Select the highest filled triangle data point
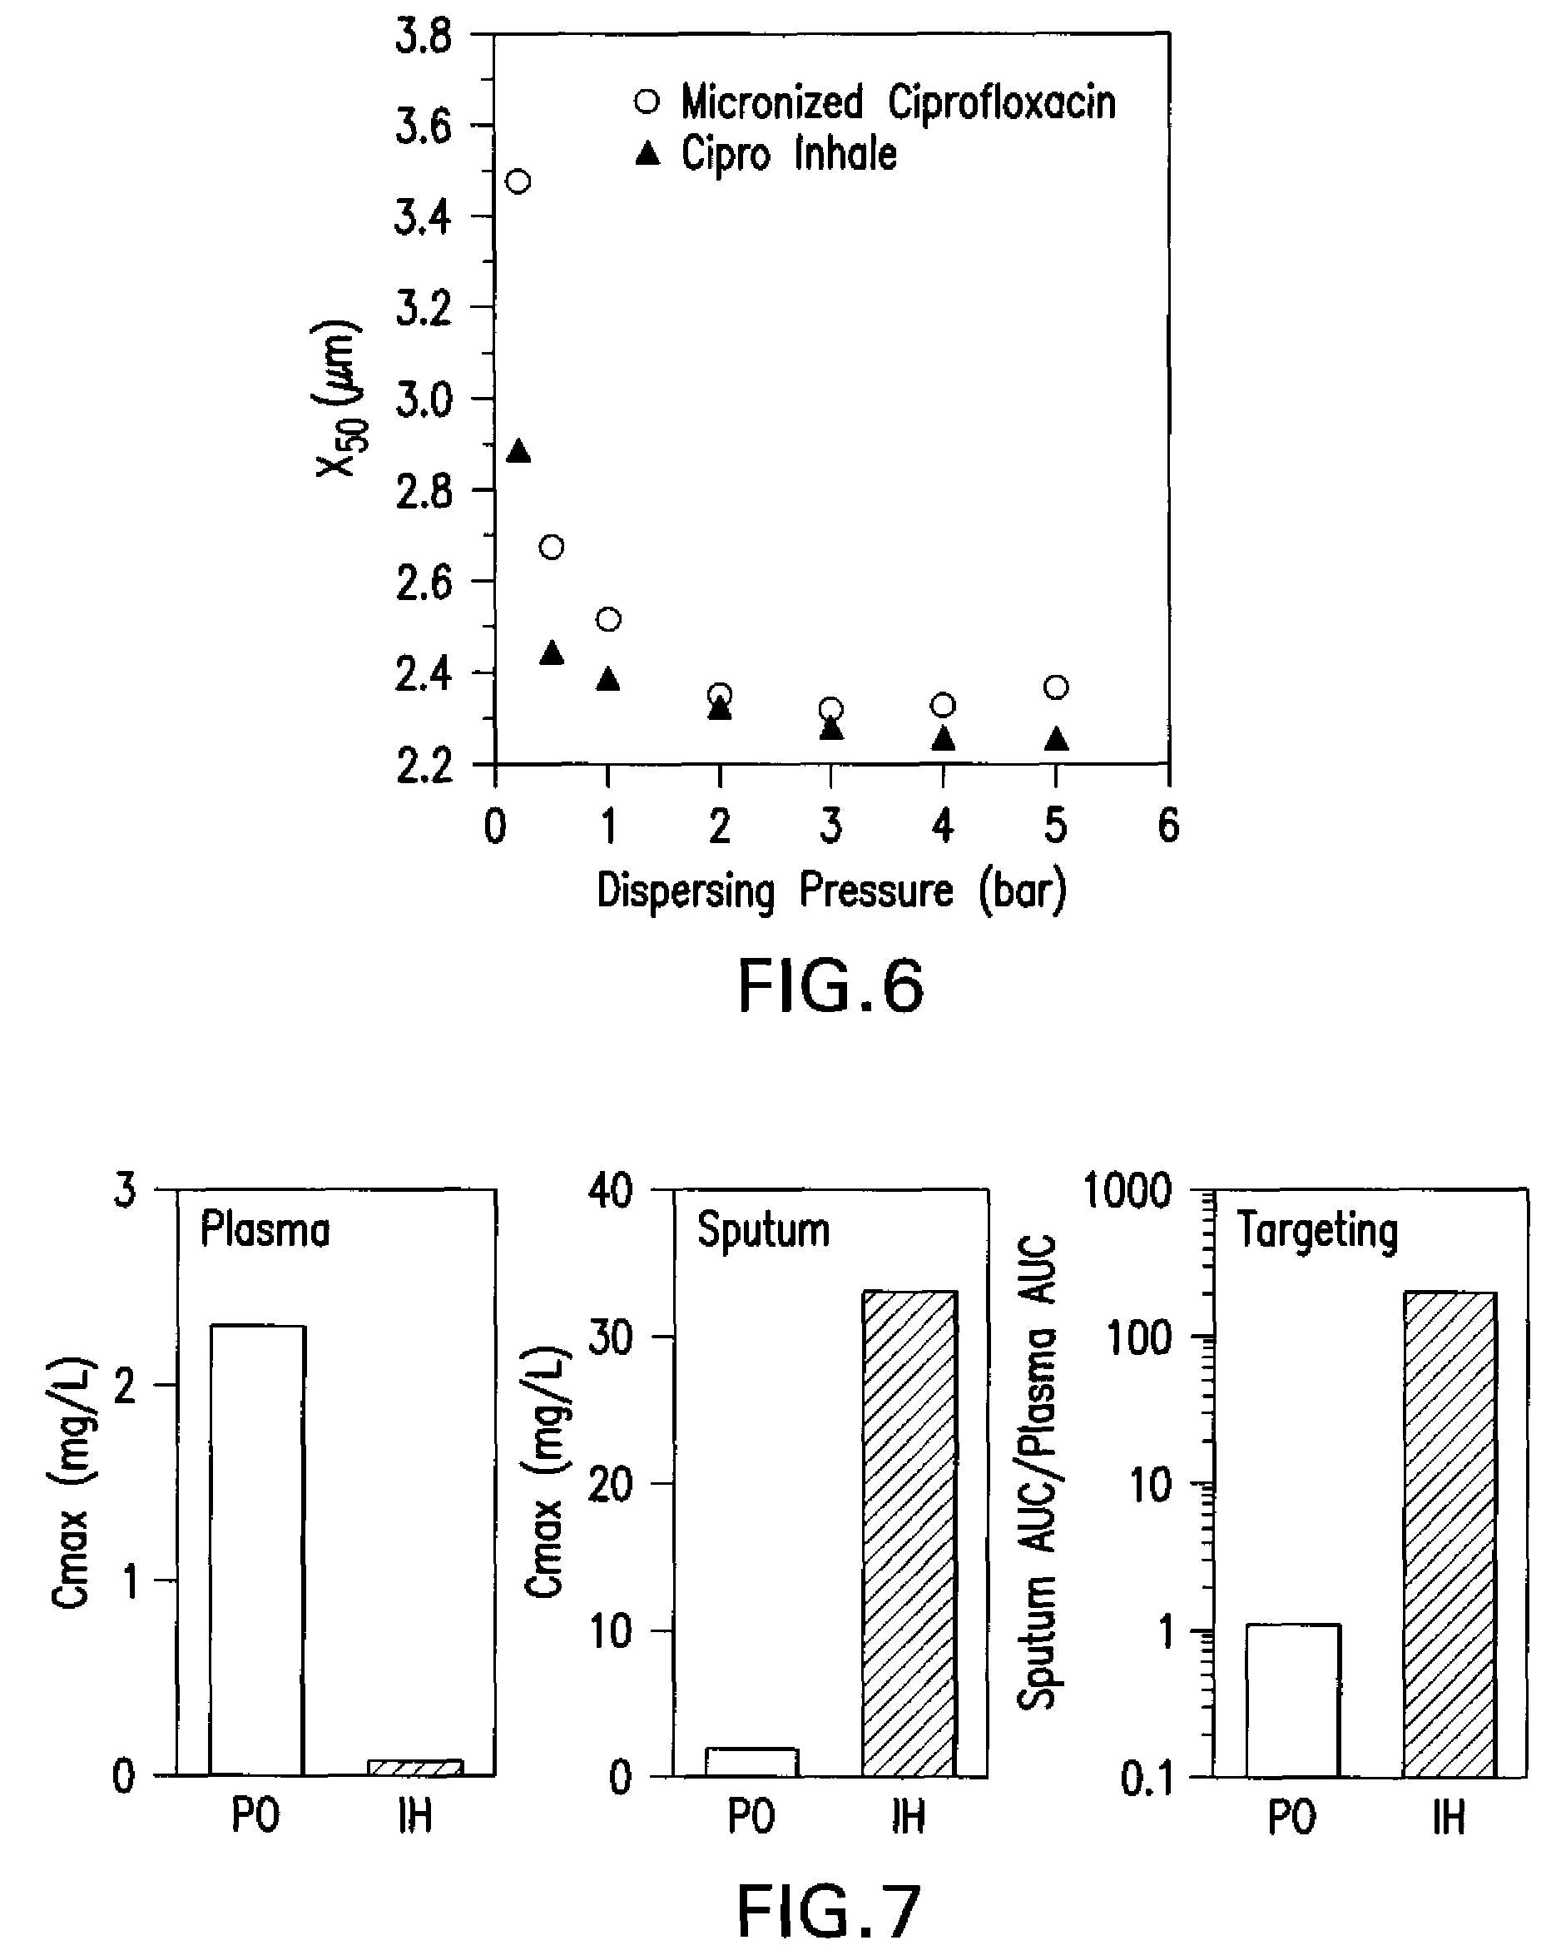518,450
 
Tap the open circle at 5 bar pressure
1055,687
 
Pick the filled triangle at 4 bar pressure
943,739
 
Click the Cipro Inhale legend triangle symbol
647,154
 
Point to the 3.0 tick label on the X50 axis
424,399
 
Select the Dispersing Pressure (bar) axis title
831,891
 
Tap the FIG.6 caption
830,986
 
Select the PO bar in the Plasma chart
257,1551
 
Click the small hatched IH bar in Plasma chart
415,1767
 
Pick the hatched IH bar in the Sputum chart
909,1533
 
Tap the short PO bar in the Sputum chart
751,1762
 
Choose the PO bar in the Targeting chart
1292,1700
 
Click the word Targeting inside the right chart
1317,1232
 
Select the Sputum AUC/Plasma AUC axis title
1038,1472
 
